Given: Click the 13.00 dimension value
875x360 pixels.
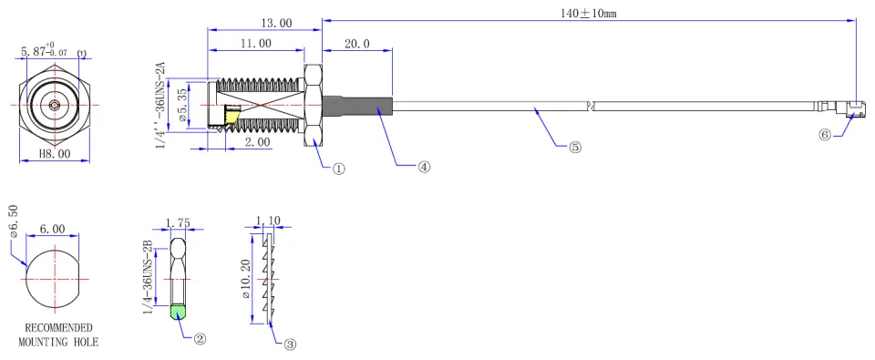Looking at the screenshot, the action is [x=276, y=23].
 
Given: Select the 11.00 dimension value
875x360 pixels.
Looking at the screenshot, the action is [x=256, y=44].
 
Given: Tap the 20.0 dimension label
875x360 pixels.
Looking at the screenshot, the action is [x=357, y=45].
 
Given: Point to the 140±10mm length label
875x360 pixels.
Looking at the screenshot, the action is [x=589, y=14].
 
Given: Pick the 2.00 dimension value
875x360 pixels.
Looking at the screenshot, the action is [x=257, y=143].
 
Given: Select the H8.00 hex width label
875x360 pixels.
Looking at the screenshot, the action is [x=55, y=154].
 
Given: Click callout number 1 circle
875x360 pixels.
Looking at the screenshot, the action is [x=339, y=168].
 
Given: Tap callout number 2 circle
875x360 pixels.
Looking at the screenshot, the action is [x=200, y=338].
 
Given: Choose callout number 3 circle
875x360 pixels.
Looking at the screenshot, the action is [x=290, y=345].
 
